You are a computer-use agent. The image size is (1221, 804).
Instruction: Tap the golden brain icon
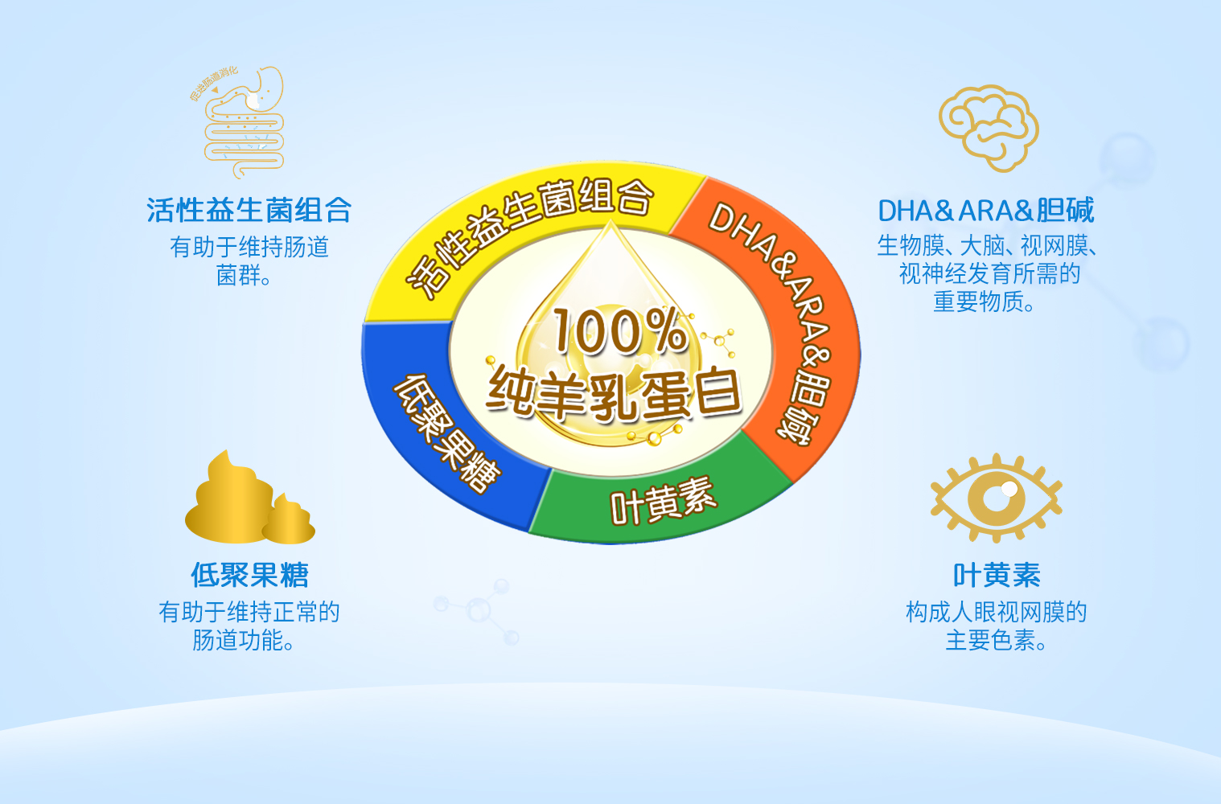(989, 129)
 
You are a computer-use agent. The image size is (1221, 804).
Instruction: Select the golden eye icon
(997, 498)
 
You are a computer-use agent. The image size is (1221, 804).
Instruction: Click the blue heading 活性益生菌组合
(249, 211)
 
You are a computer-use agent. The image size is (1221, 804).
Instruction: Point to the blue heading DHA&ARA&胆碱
(985, 211)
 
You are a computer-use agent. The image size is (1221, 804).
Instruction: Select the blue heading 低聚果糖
(249, 575)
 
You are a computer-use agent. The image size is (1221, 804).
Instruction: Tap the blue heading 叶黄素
(997, 575)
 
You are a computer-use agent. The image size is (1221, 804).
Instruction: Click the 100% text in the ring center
(620, 331)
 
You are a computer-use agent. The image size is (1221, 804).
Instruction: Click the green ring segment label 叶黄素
(663, 501)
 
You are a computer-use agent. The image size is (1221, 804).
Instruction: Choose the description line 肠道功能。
(244, 640)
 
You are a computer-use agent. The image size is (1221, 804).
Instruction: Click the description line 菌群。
(244, 275)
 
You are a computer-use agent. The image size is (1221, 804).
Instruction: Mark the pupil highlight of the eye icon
(1009, 489)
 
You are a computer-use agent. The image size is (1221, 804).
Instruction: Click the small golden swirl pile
(289, 519)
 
